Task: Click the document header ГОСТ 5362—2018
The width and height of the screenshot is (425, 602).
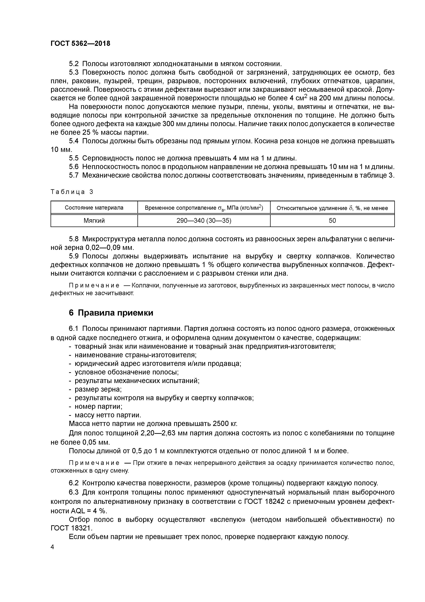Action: (x=80, y=44)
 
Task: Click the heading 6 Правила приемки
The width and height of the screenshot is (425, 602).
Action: (x=111, y=313)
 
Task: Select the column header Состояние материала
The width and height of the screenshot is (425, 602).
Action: (x=94, y=208)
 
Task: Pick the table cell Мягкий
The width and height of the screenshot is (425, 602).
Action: (x=94, y=221)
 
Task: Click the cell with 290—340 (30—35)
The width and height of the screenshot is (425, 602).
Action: (x=204, y=221)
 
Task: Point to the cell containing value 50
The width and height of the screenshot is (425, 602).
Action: (x=332, y=221)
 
